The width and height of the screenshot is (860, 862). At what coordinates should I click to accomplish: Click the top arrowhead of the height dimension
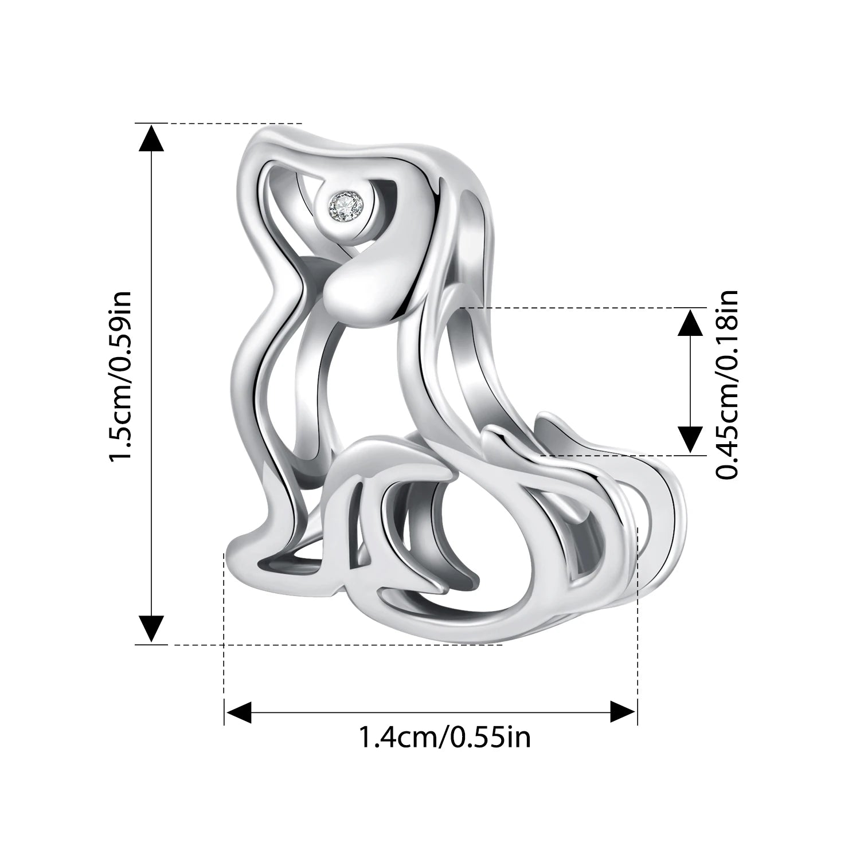pyautogui.click(x=152, y=138)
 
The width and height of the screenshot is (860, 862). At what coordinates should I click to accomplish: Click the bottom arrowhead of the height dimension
pyautogui.click(x=152, y=628)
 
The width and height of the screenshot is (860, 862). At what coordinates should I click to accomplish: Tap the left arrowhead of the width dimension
pyautogui.click(x=238, y=712)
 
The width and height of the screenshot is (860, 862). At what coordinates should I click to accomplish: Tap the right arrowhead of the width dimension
pyautogui.click(x=623, y=712)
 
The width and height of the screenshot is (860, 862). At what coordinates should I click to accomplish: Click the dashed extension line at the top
pyautogui.click(x=229, y=123)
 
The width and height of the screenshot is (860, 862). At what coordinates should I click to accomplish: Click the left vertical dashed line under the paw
pyautogui.click(x=224, y=630)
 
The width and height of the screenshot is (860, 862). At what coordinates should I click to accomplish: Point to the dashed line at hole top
pyautogui.click(x=579, y=308)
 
